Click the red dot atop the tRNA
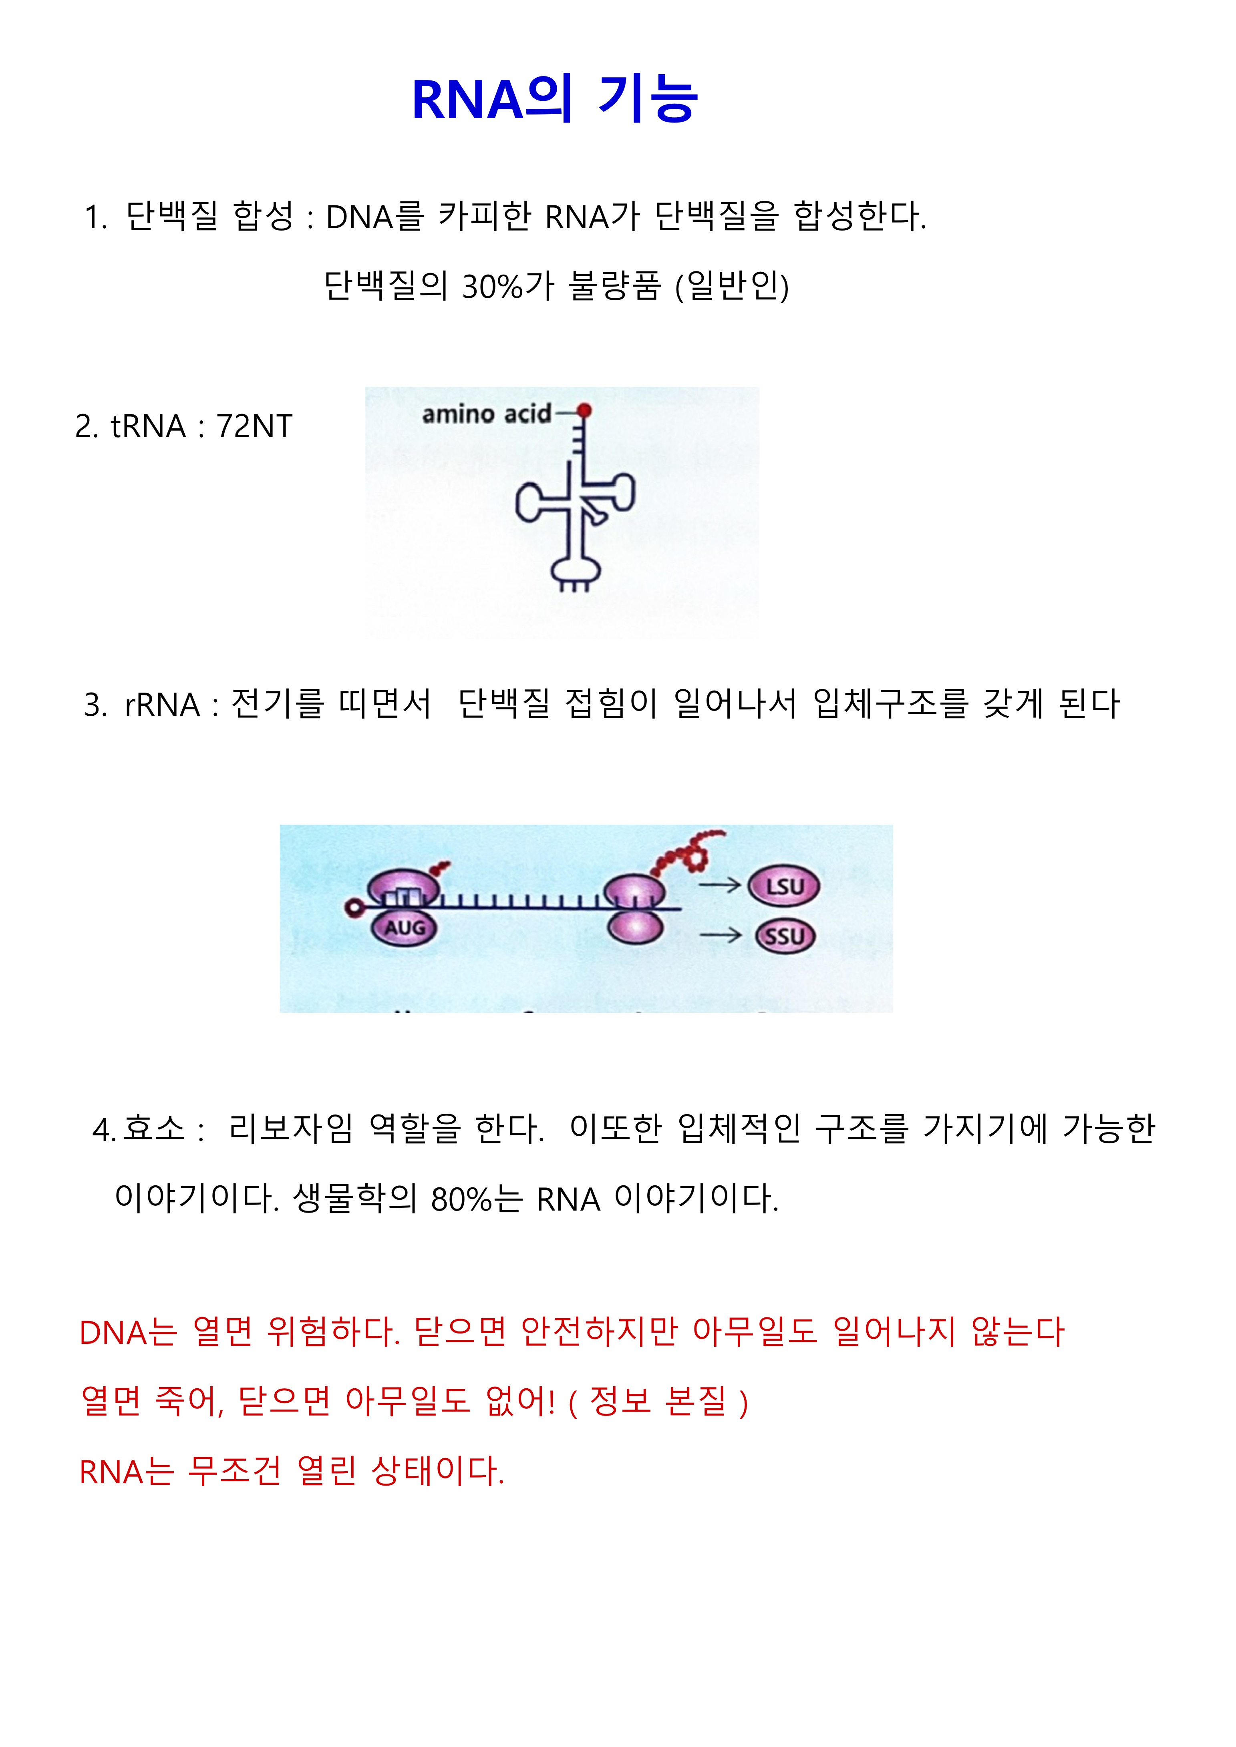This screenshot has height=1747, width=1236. coord(584,411)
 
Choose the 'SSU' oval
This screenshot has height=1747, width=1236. coord(785,936)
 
